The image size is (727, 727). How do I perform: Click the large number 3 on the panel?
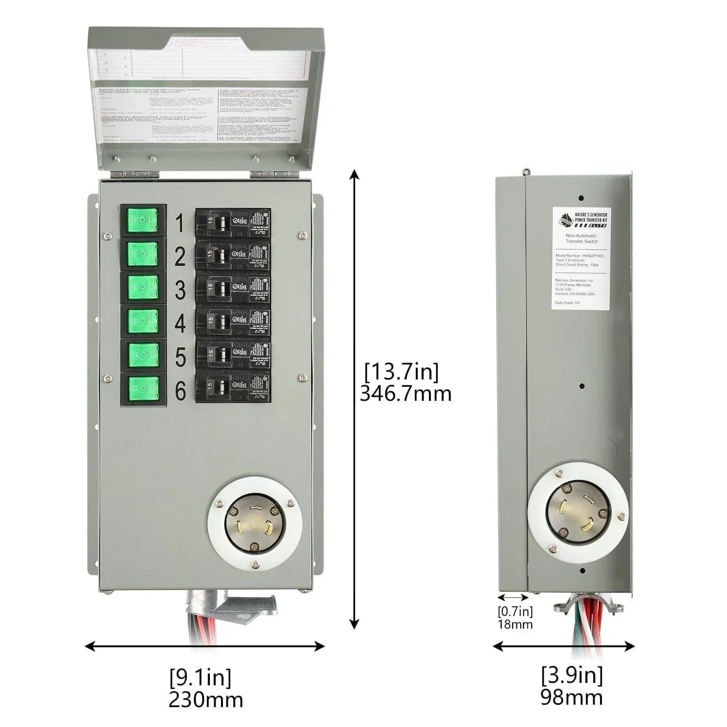(x=180, y=290)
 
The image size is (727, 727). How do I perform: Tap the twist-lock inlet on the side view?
(x=578, y=512)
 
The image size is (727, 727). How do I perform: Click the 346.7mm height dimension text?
(x=405, y=394)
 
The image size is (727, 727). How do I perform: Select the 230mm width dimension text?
(x=205, y=699)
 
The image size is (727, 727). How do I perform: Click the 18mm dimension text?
(x=515, y=624)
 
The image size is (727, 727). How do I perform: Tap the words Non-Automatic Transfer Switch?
(x=582, y=238)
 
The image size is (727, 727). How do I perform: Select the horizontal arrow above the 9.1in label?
(x=205, y=646)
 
